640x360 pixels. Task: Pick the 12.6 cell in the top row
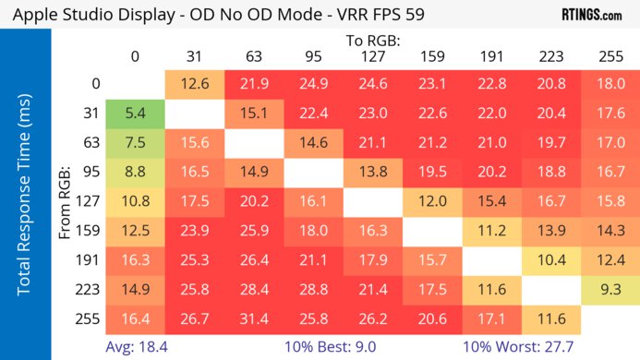pos(193,84)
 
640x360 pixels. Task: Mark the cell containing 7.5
pos(135,143)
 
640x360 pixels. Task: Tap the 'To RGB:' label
pos(372,41)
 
